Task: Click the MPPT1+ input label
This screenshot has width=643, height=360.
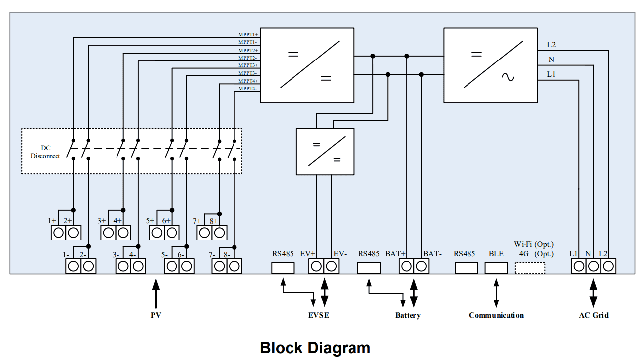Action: [248, 35]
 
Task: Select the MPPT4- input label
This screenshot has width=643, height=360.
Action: [247, 89]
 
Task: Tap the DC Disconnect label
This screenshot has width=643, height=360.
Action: [45, 152]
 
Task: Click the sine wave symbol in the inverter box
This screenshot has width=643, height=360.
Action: [508, 77]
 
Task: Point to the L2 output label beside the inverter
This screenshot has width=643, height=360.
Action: [551, 45]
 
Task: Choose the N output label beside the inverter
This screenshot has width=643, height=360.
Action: [551, 60]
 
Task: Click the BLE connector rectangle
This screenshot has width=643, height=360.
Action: [496, 268]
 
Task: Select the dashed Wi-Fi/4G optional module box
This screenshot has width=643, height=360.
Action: [530, 268]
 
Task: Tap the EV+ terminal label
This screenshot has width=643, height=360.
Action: [308, 254]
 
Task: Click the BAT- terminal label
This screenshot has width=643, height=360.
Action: [432, 254]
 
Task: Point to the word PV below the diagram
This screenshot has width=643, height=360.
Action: [156, 315]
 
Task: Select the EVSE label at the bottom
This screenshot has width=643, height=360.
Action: [318, 315]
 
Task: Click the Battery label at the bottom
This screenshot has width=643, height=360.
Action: [408, 315]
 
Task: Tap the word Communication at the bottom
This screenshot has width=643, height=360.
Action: [496, 315]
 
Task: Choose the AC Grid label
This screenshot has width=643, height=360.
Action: [593, 315]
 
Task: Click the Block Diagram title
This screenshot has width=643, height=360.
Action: [315, 348]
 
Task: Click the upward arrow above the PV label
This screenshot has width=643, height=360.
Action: [156, 293]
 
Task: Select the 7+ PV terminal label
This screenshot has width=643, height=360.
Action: [197, 221]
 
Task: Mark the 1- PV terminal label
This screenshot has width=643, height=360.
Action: [66, 255]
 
